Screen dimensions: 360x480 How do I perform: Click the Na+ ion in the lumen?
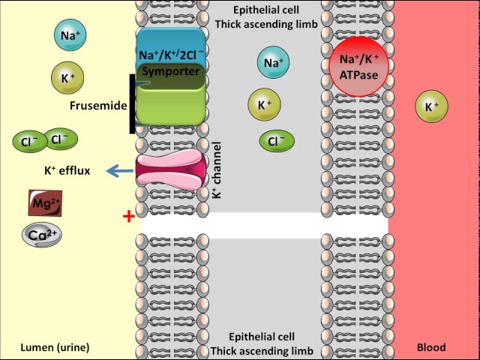point(67,35)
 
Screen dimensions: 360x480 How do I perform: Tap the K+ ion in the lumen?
point(67,76)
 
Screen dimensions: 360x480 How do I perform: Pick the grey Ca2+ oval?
point(41,235)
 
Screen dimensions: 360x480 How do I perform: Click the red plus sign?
point(128,217)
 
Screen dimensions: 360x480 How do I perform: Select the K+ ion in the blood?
point(431,107)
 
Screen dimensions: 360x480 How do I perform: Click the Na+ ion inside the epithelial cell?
point(272,63)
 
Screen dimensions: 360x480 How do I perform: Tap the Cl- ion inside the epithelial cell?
point(277,140)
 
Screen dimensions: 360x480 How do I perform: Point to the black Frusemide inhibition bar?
point(133,104)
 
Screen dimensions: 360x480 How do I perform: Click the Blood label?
point(430,347)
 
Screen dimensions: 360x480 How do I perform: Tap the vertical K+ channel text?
point(217,170)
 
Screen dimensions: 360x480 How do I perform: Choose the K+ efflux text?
point(67,171)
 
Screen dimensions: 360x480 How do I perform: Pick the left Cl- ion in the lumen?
point(28,141)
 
